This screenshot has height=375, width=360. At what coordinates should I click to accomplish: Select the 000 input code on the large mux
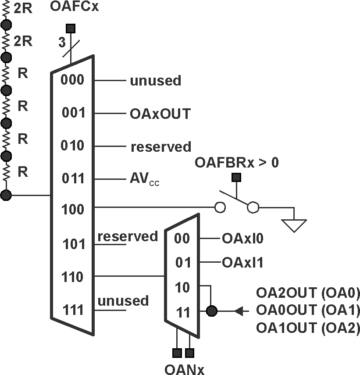click(x=73, y=80)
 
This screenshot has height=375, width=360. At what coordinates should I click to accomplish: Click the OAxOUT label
click(x=160, y=114)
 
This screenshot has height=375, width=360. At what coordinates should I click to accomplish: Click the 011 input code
click(x=73, y=179)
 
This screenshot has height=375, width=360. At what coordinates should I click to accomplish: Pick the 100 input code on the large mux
click(x=73, y=209)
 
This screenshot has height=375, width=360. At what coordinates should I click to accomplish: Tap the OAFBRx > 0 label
click(x=237, y=163)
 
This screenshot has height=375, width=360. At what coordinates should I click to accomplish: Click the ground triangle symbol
click(x=294, y=225)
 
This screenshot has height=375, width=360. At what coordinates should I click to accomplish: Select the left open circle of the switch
click(x=221, y=207)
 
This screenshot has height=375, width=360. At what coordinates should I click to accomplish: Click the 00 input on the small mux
click(x=182, y=239)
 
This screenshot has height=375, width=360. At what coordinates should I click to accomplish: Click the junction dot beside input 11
click(x=211, y=311)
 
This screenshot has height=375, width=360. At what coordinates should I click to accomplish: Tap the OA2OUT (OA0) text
click(x=308, y=293)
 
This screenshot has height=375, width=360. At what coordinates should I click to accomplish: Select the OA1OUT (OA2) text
click(x=308, y=328)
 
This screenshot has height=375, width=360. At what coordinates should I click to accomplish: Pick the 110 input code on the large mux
click(x=73, y=277)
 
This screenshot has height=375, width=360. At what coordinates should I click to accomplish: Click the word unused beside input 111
click(x=123, y=301)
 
